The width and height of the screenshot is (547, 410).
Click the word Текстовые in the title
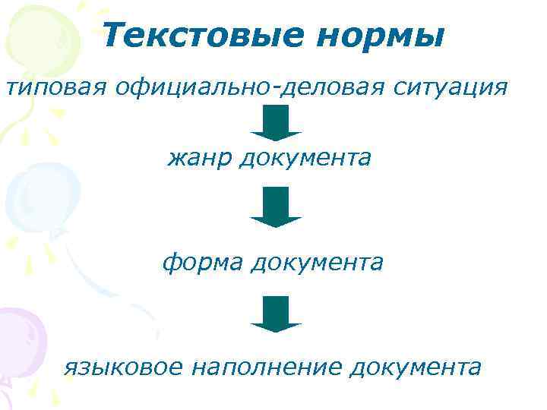click(x=197, y=35)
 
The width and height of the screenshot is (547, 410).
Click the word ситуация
click(x=453, y=88)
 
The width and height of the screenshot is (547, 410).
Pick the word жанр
click(x=200, y=159)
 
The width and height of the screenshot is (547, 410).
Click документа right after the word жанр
click(x=307, y=159)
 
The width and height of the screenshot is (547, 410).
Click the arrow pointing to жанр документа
click(x=276, y=123)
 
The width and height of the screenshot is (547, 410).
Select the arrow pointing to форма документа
click(x=276, y=207)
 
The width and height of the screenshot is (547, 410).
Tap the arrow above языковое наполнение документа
click(x=276, y=314)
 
